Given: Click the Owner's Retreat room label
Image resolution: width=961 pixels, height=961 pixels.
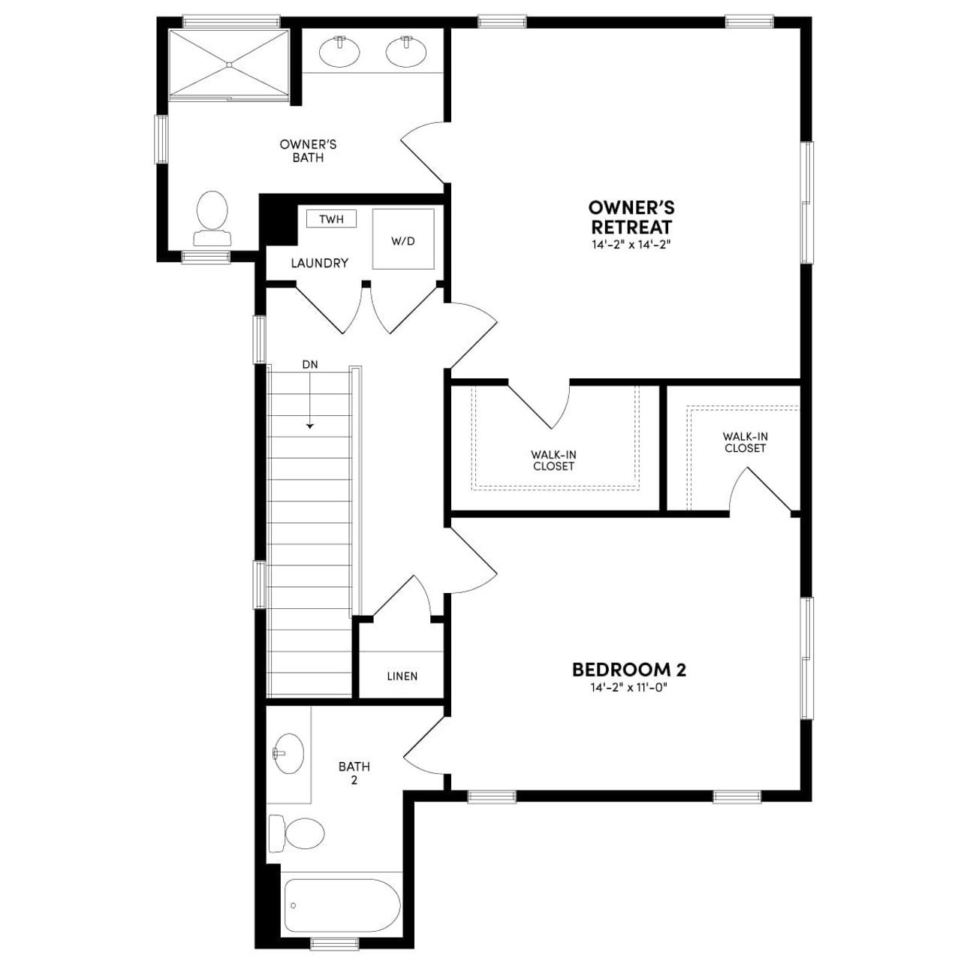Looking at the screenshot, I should pyautogui.click(x=631, y=217).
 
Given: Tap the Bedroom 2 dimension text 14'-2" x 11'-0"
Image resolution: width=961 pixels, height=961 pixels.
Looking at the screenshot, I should pyautogui.click(x=629, y=687).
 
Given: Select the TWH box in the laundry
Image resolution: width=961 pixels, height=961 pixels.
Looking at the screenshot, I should pyautogui.click(x=331, y=219).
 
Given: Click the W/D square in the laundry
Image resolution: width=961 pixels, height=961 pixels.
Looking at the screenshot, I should pyautogui.click(x=403, y=240).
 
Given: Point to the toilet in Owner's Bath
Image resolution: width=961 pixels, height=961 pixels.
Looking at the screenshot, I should pyautogui.click(x=212, y=218).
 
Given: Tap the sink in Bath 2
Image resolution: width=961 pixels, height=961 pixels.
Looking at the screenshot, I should pyautogui.click(x=288, y=753).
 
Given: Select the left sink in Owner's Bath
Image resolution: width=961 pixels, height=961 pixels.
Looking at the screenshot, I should pyautogui.click(x=339, y=51).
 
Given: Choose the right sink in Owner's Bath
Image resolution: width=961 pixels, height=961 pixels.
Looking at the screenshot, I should pyautogui.click(x=407, y=51).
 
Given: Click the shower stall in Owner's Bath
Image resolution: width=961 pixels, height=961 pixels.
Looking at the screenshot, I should pyautogui.click(x=228, y=64).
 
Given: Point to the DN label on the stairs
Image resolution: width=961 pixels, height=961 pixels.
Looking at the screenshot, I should pyautogui.click(x=310, y=365).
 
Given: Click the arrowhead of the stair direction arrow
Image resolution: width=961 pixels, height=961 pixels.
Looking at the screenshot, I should pyautogui.click(x=310, y=426).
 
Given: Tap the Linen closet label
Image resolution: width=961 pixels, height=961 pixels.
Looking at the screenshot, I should pyautogui.click(x=402, y=676).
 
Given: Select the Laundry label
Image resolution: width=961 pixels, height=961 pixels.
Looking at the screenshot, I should pyautogui.click(x=320, y=264).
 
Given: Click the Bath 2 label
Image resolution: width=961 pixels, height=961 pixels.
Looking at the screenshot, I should pyautogui.click(x=354, y=773).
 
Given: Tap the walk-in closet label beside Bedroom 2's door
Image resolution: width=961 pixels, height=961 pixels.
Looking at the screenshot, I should pyautogui.click(x=745, y=442).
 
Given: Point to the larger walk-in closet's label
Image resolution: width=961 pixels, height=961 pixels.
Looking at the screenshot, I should pyautogui.click(x=554, y=460).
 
